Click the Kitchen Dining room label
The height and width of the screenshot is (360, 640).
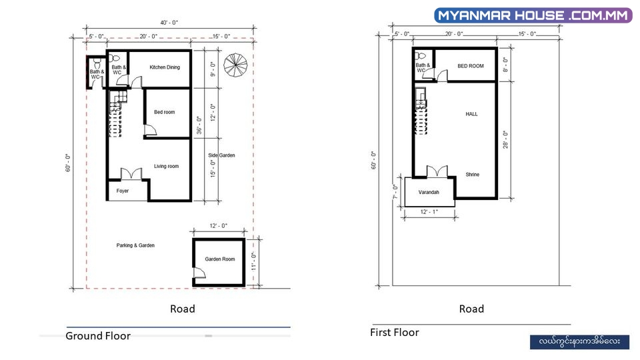tap(165, 67)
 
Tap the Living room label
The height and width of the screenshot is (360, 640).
tap(166, 166)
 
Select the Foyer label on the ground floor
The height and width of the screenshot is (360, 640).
tap(123, 191)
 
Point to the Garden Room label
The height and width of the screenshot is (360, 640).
tap(219, 259)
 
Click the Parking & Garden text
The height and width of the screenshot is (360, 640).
tap(135, 245)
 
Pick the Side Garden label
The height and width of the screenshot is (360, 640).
tap(221, 155)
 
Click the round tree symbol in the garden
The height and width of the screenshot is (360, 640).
tap(235, 65)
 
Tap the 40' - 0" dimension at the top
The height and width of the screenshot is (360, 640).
tap(169, 23)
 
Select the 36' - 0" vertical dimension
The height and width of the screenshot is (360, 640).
tap(199, 125)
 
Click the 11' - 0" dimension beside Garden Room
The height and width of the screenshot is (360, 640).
tap(253, 261)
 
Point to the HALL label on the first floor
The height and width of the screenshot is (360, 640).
tap(471, 114)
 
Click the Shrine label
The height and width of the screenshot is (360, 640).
tap(472, 174)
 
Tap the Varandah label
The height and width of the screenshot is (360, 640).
tap(429, 192)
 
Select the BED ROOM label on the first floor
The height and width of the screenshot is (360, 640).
tap(471, 66)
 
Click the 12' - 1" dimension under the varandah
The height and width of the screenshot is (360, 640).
tap(429, 212)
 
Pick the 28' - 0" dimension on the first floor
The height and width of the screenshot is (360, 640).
tap(505, 139)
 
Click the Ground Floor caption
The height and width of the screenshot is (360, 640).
tap(98, 335)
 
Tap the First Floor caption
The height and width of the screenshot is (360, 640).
tap(394, 332)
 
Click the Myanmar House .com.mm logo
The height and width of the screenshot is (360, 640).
tap(533, 15)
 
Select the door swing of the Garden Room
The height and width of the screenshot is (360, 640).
tap(199, 273)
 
